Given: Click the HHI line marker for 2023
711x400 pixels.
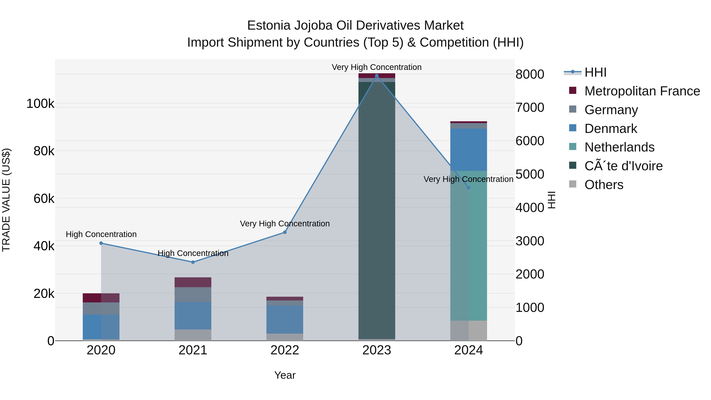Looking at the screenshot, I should tap(377, 76).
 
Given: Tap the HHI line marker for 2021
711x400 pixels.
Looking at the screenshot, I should tap(193, 262).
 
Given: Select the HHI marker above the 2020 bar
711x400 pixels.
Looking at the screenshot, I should tap(101, 243).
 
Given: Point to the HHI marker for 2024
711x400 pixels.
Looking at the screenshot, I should tap(468, 188).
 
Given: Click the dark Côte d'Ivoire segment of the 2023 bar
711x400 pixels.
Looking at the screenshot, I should tap(377, 210).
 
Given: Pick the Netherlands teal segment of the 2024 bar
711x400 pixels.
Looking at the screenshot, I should tap(468, 246).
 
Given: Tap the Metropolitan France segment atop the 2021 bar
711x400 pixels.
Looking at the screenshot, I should tap(193, 282).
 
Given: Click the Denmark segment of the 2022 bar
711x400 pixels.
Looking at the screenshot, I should tap(285, 319).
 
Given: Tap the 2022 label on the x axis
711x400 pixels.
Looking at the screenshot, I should tap(285, 350).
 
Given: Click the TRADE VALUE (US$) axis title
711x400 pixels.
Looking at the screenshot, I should tap(6, 200).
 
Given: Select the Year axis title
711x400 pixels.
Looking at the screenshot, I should tap(285, 375).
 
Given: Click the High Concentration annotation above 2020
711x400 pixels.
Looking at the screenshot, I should tap(101, 234).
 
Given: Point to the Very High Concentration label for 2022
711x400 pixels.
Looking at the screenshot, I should tap(285, 223).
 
